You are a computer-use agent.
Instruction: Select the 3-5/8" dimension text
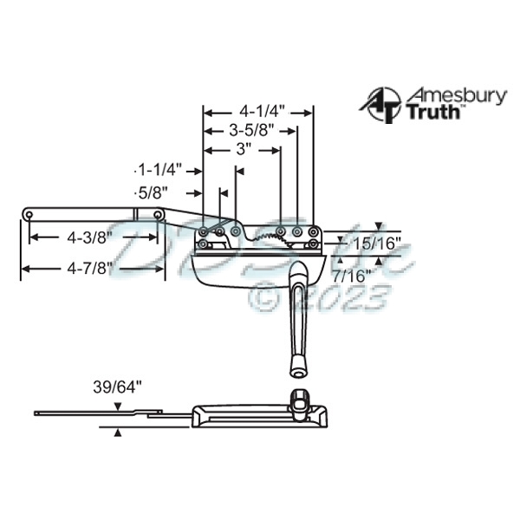pos(251,131)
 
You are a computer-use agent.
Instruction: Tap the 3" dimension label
pos(244,149)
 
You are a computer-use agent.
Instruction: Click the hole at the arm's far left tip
pos(29,213)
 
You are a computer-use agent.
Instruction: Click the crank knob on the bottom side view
pos(298,400)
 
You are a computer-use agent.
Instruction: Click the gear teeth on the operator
pos(270,233)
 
